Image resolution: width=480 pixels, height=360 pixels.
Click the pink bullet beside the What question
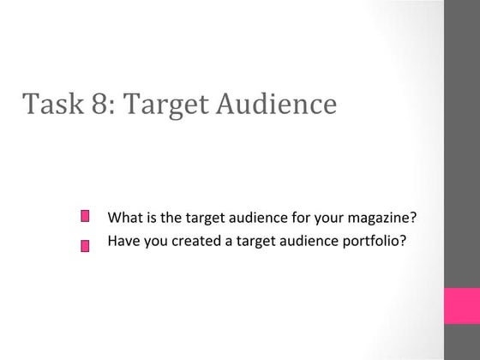[x=85, y=217]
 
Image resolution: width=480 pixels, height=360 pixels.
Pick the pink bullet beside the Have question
[x=85, y=245]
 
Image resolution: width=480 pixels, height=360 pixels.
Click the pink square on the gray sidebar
[x=461, y=305]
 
